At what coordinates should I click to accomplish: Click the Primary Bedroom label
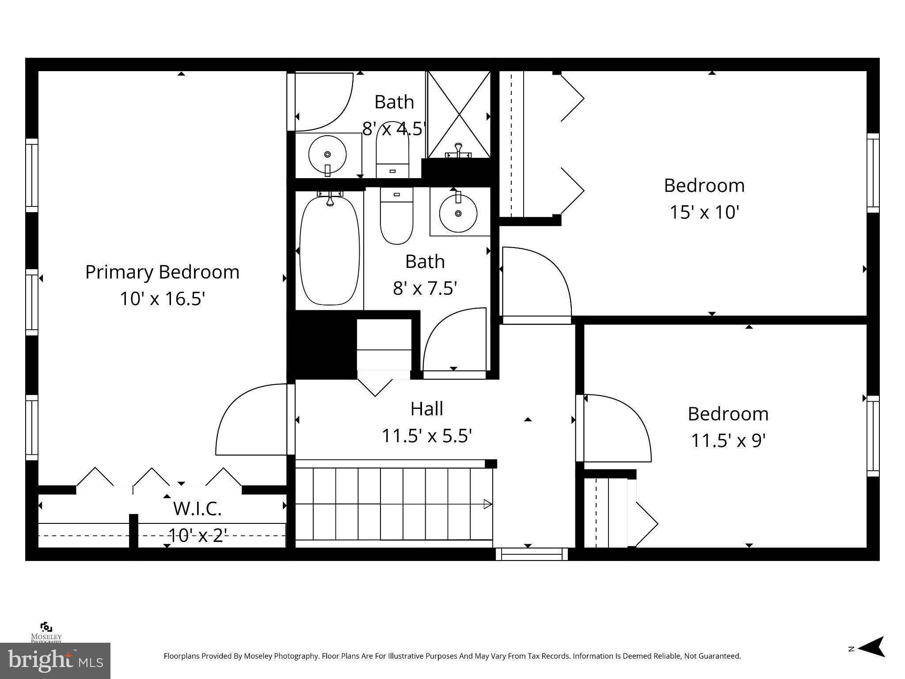point(162,272)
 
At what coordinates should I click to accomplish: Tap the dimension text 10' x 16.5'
point(162,299)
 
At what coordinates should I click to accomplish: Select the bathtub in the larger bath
point(330,251)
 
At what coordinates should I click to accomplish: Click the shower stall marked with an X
point(459,114)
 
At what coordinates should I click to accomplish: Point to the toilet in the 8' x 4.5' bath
point(392,150)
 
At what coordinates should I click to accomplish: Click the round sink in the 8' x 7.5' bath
point(458,214)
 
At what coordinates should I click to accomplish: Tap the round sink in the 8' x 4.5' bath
point(327,155)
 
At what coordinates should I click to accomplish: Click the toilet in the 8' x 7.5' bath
point(396,217)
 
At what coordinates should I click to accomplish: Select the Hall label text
point(426,409)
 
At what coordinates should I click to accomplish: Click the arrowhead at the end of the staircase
point(487,504)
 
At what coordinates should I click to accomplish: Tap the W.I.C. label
point(197,508)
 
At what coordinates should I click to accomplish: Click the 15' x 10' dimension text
point(704,212)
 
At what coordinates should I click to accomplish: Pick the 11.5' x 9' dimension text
point(728,441)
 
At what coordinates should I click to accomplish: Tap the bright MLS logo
point(55,660)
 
